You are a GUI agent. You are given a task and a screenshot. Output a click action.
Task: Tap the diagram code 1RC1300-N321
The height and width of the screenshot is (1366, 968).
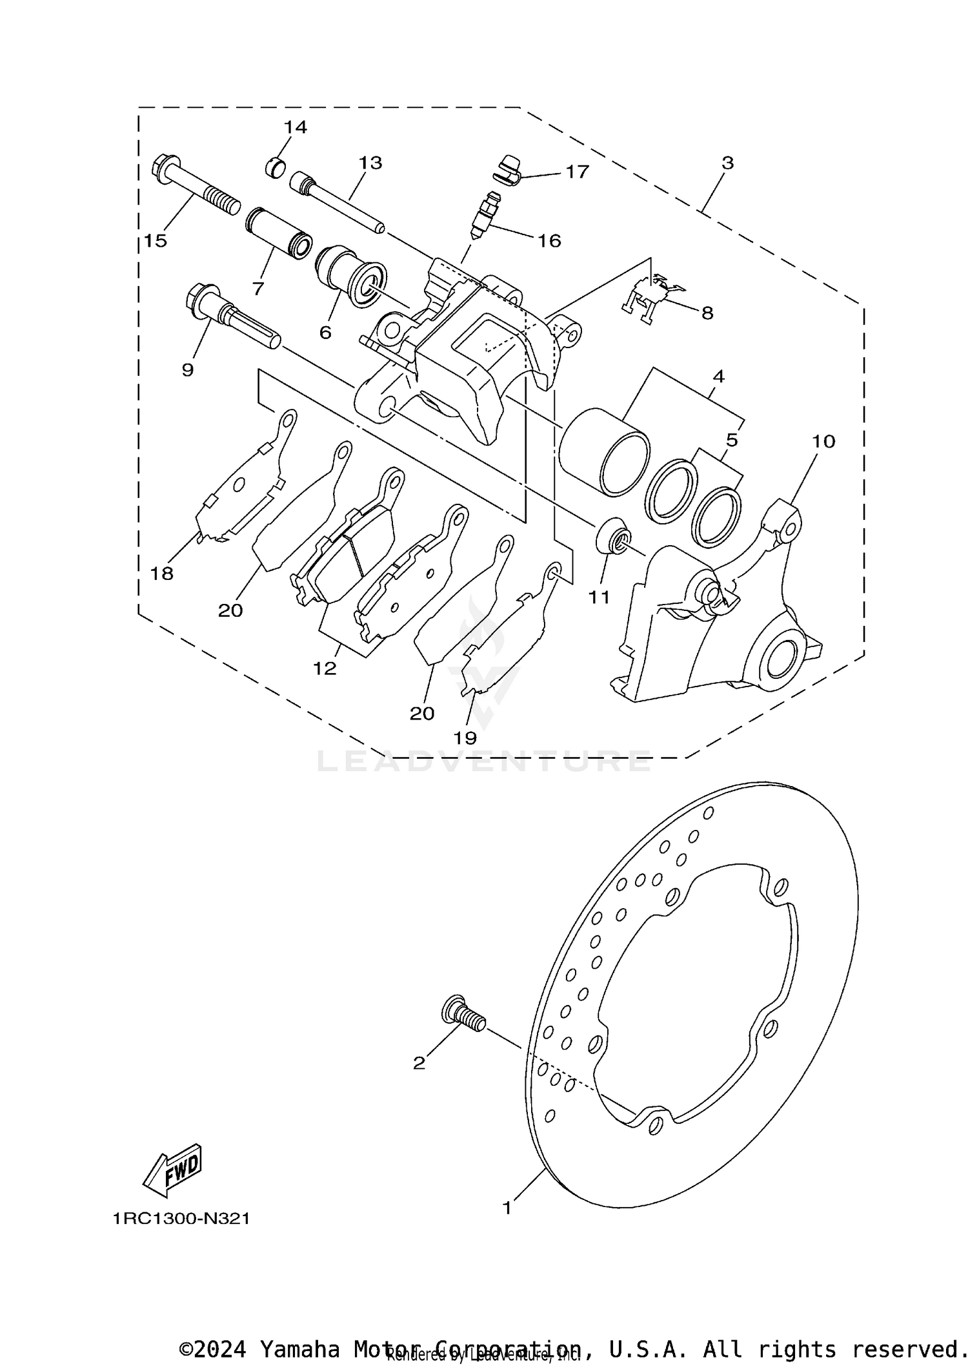181,1219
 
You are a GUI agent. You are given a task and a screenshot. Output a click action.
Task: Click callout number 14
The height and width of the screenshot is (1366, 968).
295,127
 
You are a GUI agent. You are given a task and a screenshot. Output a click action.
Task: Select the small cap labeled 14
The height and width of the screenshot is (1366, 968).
275,167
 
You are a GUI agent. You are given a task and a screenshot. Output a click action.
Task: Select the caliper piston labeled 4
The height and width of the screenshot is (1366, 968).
603,453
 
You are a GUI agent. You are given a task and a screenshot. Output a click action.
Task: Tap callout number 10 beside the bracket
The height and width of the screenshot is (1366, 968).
823,442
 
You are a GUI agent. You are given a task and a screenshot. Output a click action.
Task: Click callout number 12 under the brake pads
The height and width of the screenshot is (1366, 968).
325,668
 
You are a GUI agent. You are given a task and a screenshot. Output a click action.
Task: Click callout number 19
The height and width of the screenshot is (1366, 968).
465,738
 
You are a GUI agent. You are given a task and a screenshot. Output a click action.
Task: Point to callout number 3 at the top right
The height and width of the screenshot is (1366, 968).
727,163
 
